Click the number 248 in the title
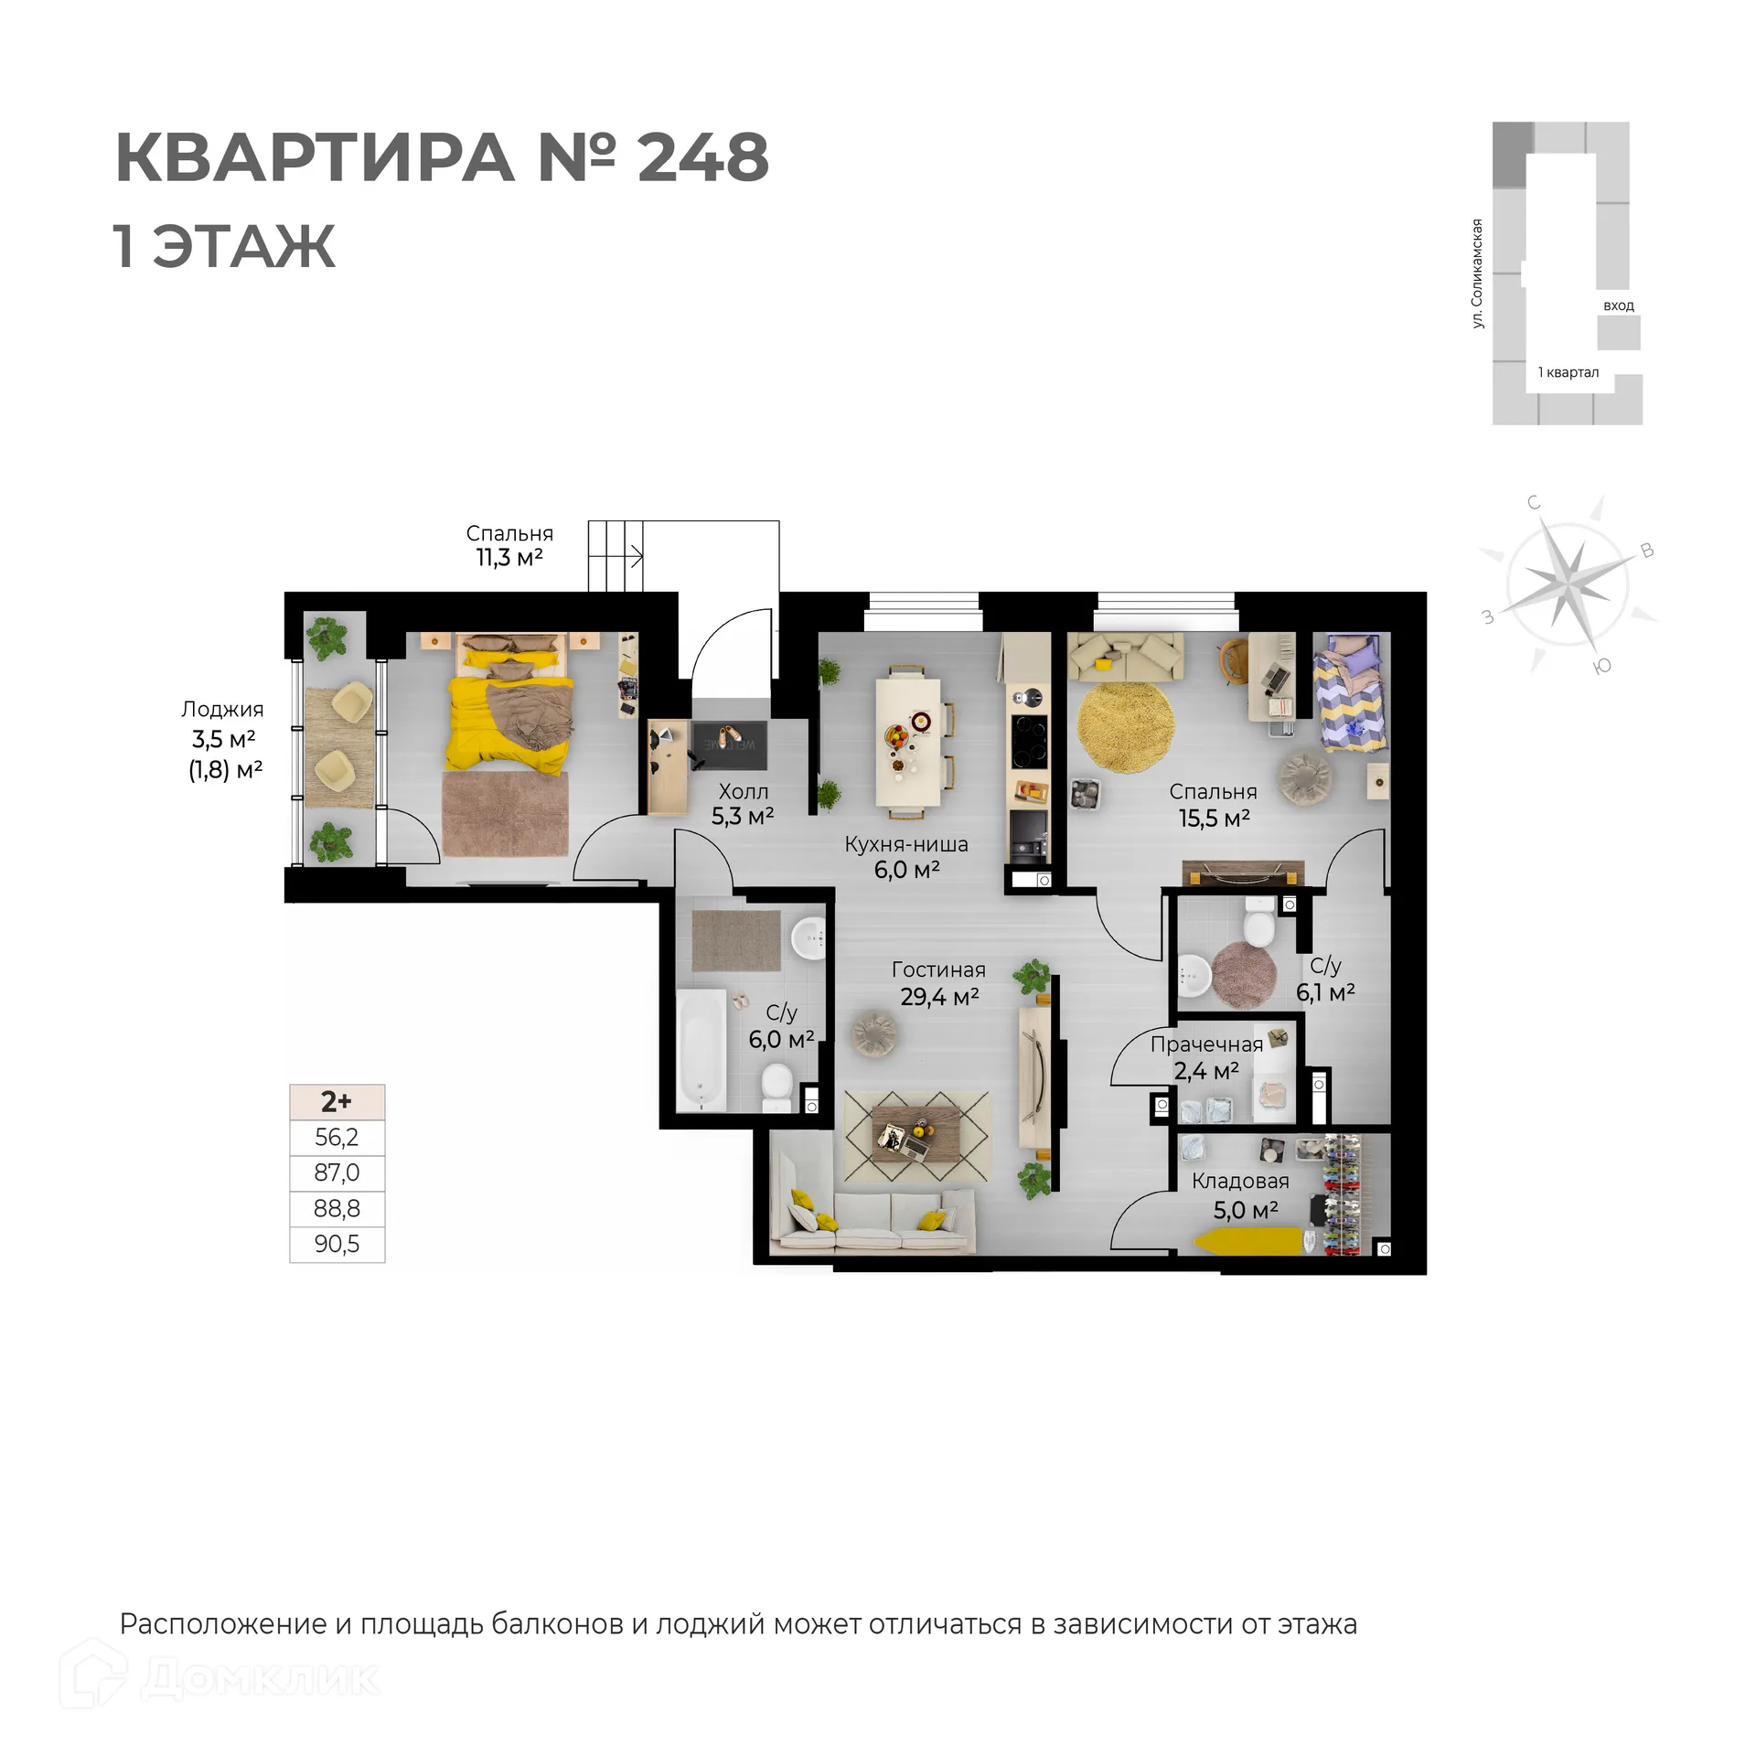(702, 157)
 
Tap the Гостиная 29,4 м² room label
(938, 983)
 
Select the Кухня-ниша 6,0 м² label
(905, 857)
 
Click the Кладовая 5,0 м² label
(1241, 1195)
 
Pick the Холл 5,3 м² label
(743, 804)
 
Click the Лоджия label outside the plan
(222, 709)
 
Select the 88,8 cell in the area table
(337, 1208)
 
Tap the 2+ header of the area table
(337, 1102)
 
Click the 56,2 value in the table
(337, 1137)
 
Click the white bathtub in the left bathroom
(701, 1049)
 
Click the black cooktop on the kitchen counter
(1029, 742)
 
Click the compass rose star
(1568, 582)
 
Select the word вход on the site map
(1618, 305)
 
